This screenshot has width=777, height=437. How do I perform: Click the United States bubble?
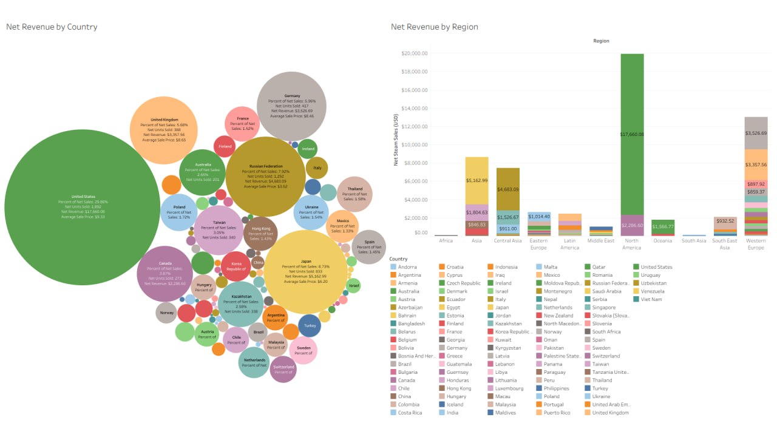pos(82,206)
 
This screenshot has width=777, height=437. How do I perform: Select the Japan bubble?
pos(306,272)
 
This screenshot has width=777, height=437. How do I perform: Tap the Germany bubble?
pos(292,106)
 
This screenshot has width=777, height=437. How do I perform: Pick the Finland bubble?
pos(225,146)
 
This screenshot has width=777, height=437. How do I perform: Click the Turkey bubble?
pos(310,325)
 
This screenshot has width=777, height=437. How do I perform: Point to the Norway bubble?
pos(166,313)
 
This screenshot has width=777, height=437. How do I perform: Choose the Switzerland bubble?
pos(283,369)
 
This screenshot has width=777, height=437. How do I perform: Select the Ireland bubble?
pos(308,149)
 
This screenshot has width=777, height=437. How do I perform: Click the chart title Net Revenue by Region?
pos(434,27)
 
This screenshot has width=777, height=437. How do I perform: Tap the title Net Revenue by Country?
pos(52,27)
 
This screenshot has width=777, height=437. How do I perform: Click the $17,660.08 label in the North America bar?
pos(632,134)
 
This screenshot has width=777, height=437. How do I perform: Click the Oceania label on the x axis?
pos(663,240)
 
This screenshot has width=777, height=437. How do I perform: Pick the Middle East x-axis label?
pos(601,240)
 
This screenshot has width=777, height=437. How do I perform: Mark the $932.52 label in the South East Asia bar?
pos(725,221)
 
